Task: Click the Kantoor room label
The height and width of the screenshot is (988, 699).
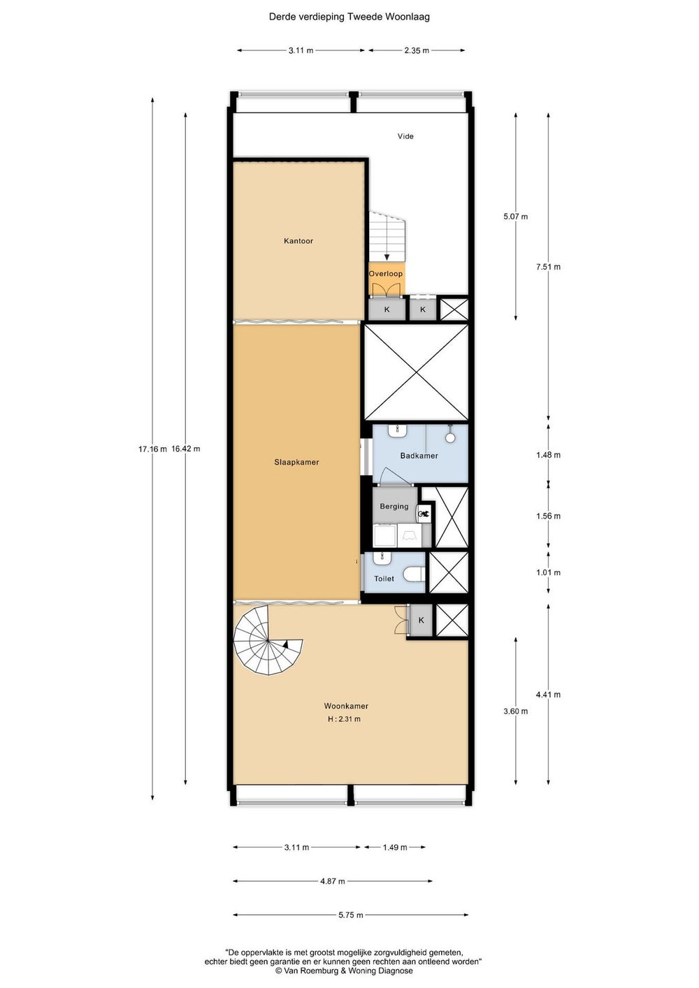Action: (298, 241)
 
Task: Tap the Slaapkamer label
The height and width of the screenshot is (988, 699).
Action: (296, 463)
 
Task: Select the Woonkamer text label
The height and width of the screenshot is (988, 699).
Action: (347, 706)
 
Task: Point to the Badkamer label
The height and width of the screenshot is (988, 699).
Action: (419, 456)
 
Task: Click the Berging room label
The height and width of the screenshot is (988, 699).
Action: (394, 507)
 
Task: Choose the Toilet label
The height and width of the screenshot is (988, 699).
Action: (384, 579)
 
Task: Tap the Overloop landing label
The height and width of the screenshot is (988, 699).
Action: (386, 273)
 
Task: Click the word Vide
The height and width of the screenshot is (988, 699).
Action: (405, 136)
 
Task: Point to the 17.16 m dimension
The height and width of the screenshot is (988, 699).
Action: (152, 449)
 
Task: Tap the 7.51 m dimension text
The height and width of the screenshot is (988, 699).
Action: (549, 267)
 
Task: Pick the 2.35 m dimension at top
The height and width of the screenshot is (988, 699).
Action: (417, 50)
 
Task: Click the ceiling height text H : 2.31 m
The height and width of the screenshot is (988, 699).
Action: (344, 719)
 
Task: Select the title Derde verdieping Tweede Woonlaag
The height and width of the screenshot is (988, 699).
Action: (349, 17)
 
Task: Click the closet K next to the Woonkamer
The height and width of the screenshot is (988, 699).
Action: (421, 620)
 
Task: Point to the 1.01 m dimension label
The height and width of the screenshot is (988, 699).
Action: (549, 572)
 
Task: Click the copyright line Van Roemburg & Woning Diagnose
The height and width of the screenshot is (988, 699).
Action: (344, 971)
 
